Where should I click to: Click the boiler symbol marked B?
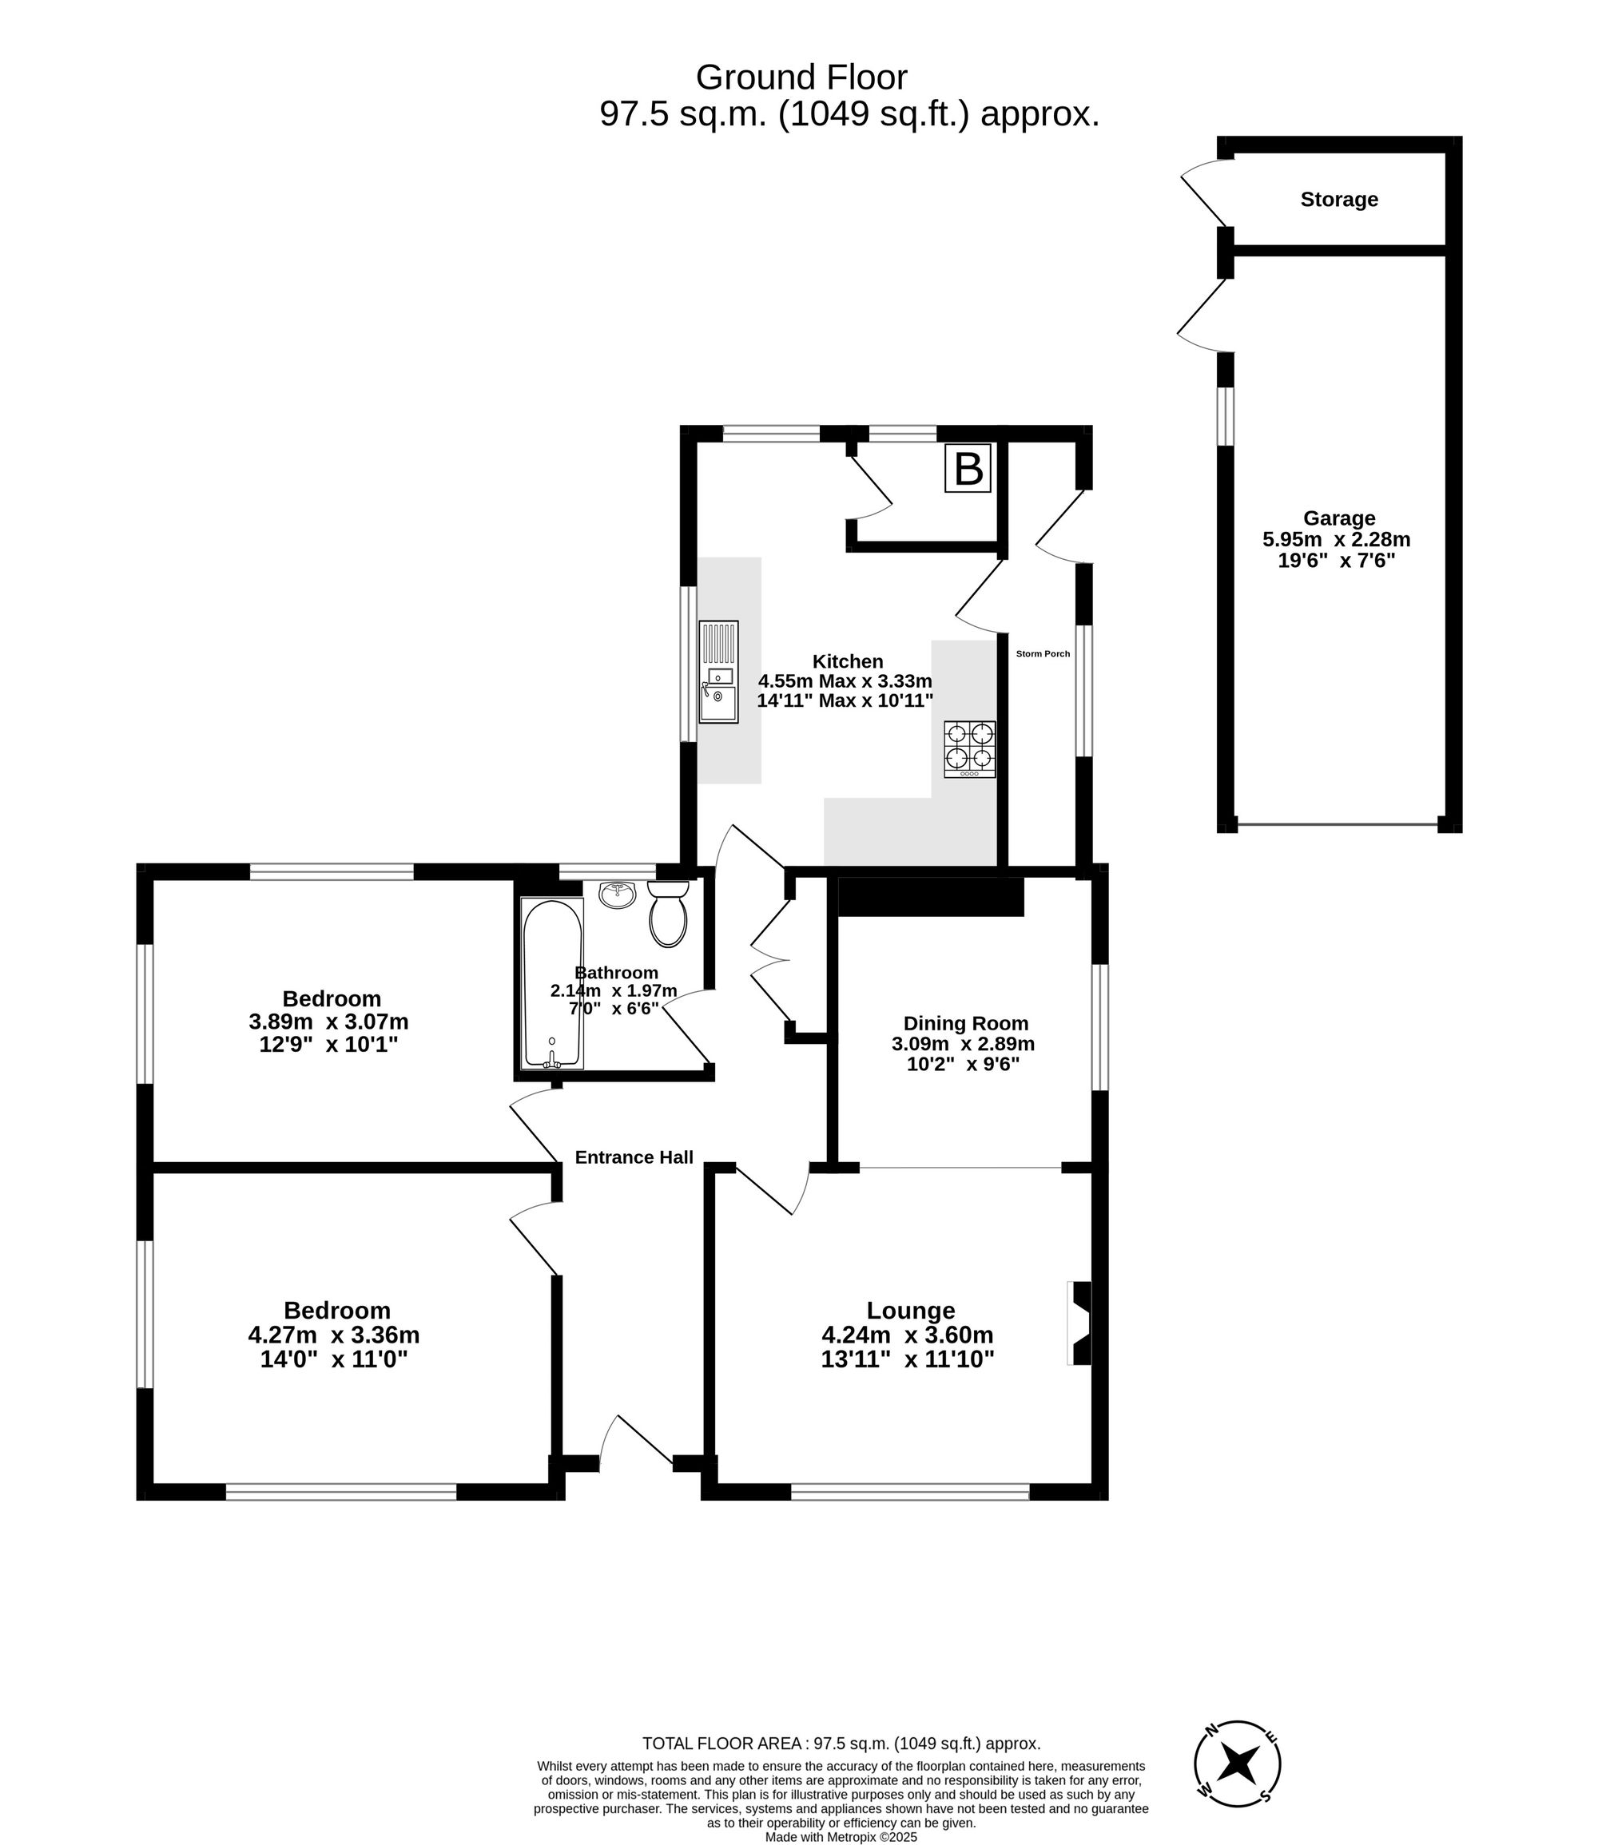click(x=968, y=468)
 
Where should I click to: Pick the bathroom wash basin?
click(x=617, y=894)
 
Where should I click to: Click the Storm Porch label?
click(x=1043, y=654)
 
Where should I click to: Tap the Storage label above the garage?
click(x=1338, y=200)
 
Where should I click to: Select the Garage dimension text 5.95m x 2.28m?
click(x=1336, y=539)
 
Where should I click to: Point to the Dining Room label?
click(x=966, y=1023)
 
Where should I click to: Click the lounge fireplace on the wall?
click(x=1080, y=1323)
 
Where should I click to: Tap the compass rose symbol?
click(x=1237, y=1763)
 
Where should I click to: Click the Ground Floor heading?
click(x=801, y=77)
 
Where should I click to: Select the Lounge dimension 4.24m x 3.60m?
click(x=907, y=1335)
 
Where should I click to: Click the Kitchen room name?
click(x=847, y=661)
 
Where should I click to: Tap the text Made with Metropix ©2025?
click(x=840, y=1837)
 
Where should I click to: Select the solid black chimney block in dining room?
click(x=930, y=897)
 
